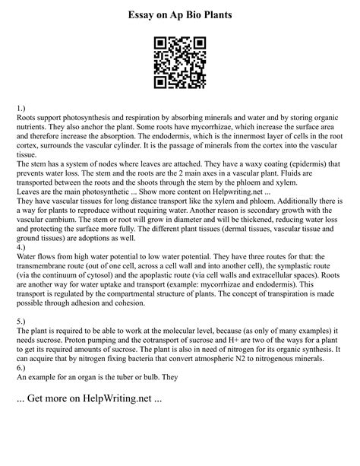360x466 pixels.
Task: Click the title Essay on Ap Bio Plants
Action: (x=180, y=14)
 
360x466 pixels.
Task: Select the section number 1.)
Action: (x=22, y=110)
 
